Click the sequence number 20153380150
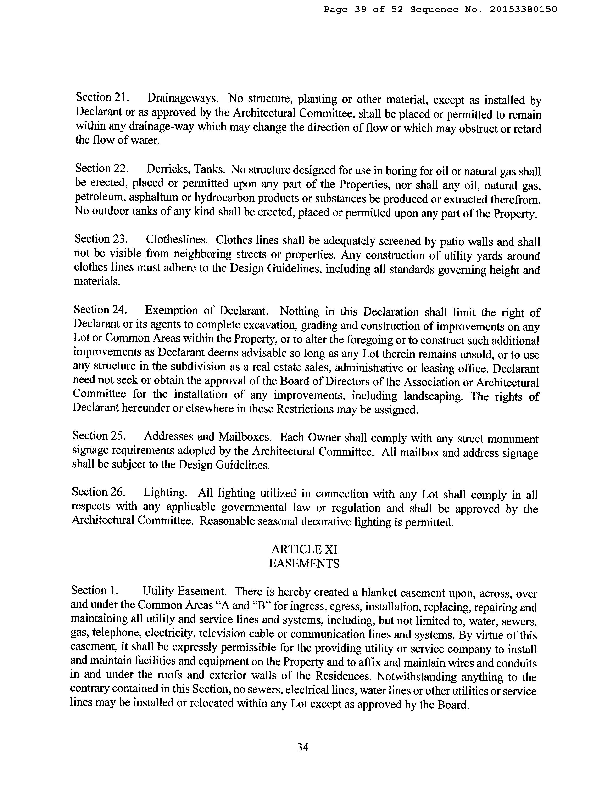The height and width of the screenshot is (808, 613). click(x=523, y=10)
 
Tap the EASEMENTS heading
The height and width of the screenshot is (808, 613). click(x=304, y=563)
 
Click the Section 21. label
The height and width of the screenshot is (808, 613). click(x=101, y=97)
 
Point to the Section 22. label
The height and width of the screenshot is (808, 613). click(x=101, y=168)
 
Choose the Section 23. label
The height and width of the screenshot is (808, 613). click(x=101, y=239)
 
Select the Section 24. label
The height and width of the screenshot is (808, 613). click(x=100, y=310)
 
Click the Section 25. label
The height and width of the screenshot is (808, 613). click(x=99, y=436)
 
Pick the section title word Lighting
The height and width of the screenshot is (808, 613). click(x=165, y=493)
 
